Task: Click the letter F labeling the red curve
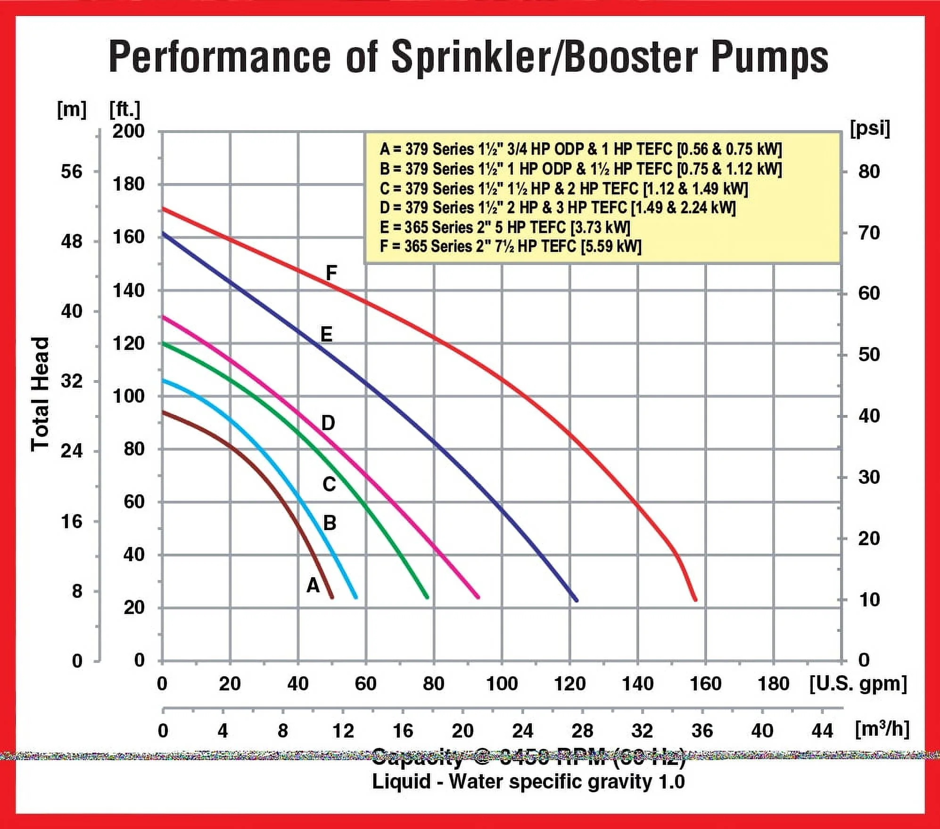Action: [x=331, y=273]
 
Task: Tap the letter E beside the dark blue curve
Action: [x=326, y=334]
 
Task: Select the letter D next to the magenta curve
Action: [x=328, y=423]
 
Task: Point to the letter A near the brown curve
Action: [x=313, y=585]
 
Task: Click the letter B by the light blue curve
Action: [x=330, y=522]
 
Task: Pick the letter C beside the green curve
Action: [x=329, y=484]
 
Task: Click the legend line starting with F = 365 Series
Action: [x=510, y=246]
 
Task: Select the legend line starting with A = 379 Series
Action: [x=580, y=149]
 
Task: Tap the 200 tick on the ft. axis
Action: [x=128, y=131]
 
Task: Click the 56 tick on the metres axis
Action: [x=71, y=171]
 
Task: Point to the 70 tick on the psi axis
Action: [x=869, y=232]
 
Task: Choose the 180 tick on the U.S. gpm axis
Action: [x=773, y=684]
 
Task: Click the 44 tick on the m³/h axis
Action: [x=822, y=730]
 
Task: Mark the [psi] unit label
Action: [x=870, y=128]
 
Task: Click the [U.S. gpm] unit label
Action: [x=858, y=683]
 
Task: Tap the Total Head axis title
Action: [x=40, y=394]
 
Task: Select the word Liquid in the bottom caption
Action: [x=401, y=781]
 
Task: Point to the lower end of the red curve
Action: [x=695, y=600]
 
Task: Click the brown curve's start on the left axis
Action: [x=163, y=412]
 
